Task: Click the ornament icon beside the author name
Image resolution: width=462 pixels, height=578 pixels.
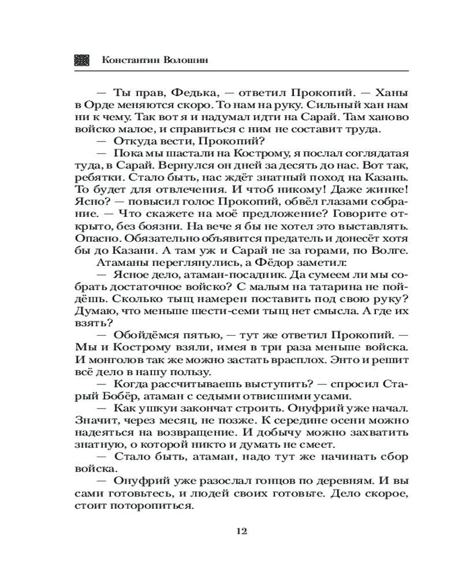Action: point(82,60)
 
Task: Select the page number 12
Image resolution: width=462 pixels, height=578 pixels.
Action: point(242,531)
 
